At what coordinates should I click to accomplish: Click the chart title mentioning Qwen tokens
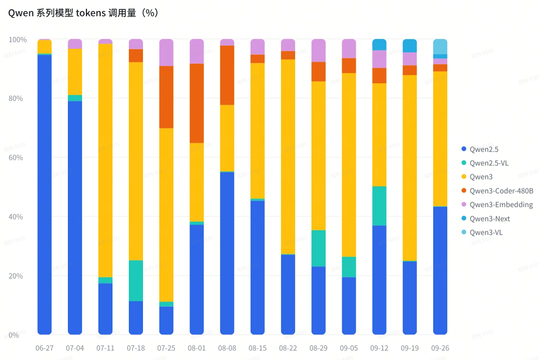pyautogui.click(x=83, y=13)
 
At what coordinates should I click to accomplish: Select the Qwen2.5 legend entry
pyautogui.click(x=484, y=149)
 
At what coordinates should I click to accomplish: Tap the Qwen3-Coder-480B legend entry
pyautogui.click(x=501, y=191)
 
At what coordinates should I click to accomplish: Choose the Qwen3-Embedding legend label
pyautogui.click(x=501, y=205)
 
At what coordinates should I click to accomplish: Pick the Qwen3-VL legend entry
pyautogui.click(x=486, y=232)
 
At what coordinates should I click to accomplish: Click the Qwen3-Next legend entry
pyautogui.click(x=489, y=218)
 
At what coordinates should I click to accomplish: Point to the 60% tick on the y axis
pyautogui.click(x=16, y=157)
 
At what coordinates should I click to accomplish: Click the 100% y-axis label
pyautogui.click(x=17, y=40)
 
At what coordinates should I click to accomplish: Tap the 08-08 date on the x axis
pyautogui.click(x=227, y=348)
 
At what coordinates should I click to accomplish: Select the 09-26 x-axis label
pyautogui.click(x=440, y=348)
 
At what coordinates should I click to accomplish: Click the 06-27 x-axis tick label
pyautogui.click(x=45, y=348)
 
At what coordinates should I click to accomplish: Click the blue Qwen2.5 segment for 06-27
pyautogui.click(x=45, y=195)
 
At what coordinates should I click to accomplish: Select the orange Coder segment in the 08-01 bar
pyautogui.click(x=197, y=103)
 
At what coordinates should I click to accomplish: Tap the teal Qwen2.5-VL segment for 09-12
pyautogui.click(x=379, y=206)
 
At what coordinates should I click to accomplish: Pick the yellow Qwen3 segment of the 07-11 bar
pyautogui.click(x=105, y=160)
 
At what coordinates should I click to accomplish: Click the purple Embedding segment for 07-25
pyautogui.click(x=166, y=52)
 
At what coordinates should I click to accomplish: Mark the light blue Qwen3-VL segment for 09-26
pyautogui.click(x=440, y=46)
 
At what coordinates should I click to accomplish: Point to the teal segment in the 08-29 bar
pyautogui.click(x=318, y=248)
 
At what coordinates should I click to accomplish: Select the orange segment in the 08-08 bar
pyautogui.click(x=227, y=75)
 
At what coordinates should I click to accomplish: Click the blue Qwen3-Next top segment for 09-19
pyautogui.click(x=410, y=46)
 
